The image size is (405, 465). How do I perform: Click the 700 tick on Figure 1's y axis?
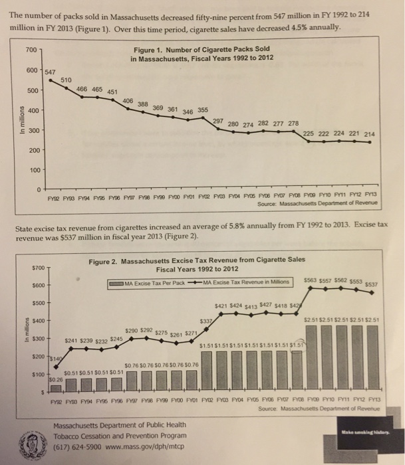31,50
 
